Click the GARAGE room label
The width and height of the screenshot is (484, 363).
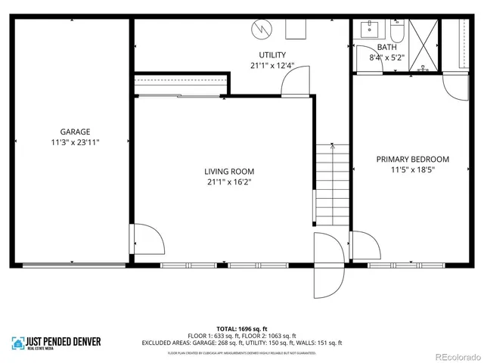70,131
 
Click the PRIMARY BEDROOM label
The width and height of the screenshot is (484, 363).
412,160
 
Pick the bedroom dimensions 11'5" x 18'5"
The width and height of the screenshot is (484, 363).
412,170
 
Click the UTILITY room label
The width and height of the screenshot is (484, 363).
271,55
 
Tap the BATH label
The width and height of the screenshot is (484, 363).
377,47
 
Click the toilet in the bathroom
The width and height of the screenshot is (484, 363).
398,32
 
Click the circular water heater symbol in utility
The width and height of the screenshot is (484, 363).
261,29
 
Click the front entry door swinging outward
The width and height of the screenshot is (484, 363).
327,265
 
